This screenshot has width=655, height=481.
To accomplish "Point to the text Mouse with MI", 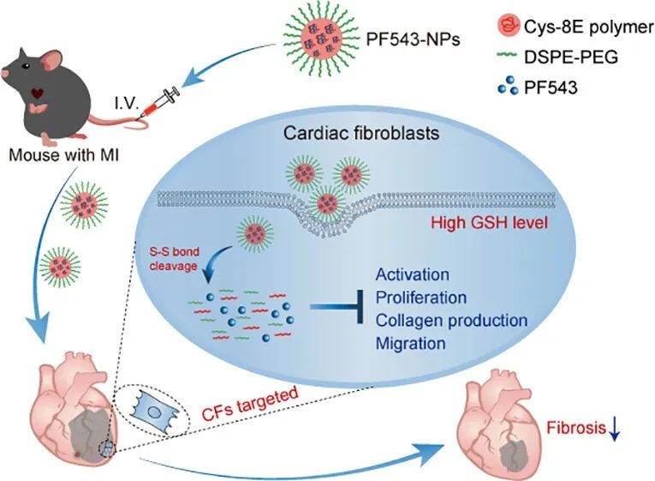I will point(63,158).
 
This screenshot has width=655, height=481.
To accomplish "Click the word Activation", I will point(413,275).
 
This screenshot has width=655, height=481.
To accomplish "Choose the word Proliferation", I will point(421,298).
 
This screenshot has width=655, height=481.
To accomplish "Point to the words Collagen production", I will point(451,321).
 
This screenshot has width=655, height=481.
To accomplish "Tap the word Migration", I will point(410,344).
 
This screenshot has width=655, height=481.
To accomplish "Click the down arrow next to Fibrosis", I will point(614,424).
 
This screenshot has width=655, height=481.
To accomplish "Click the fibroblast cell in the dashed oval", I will point(152,408).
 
